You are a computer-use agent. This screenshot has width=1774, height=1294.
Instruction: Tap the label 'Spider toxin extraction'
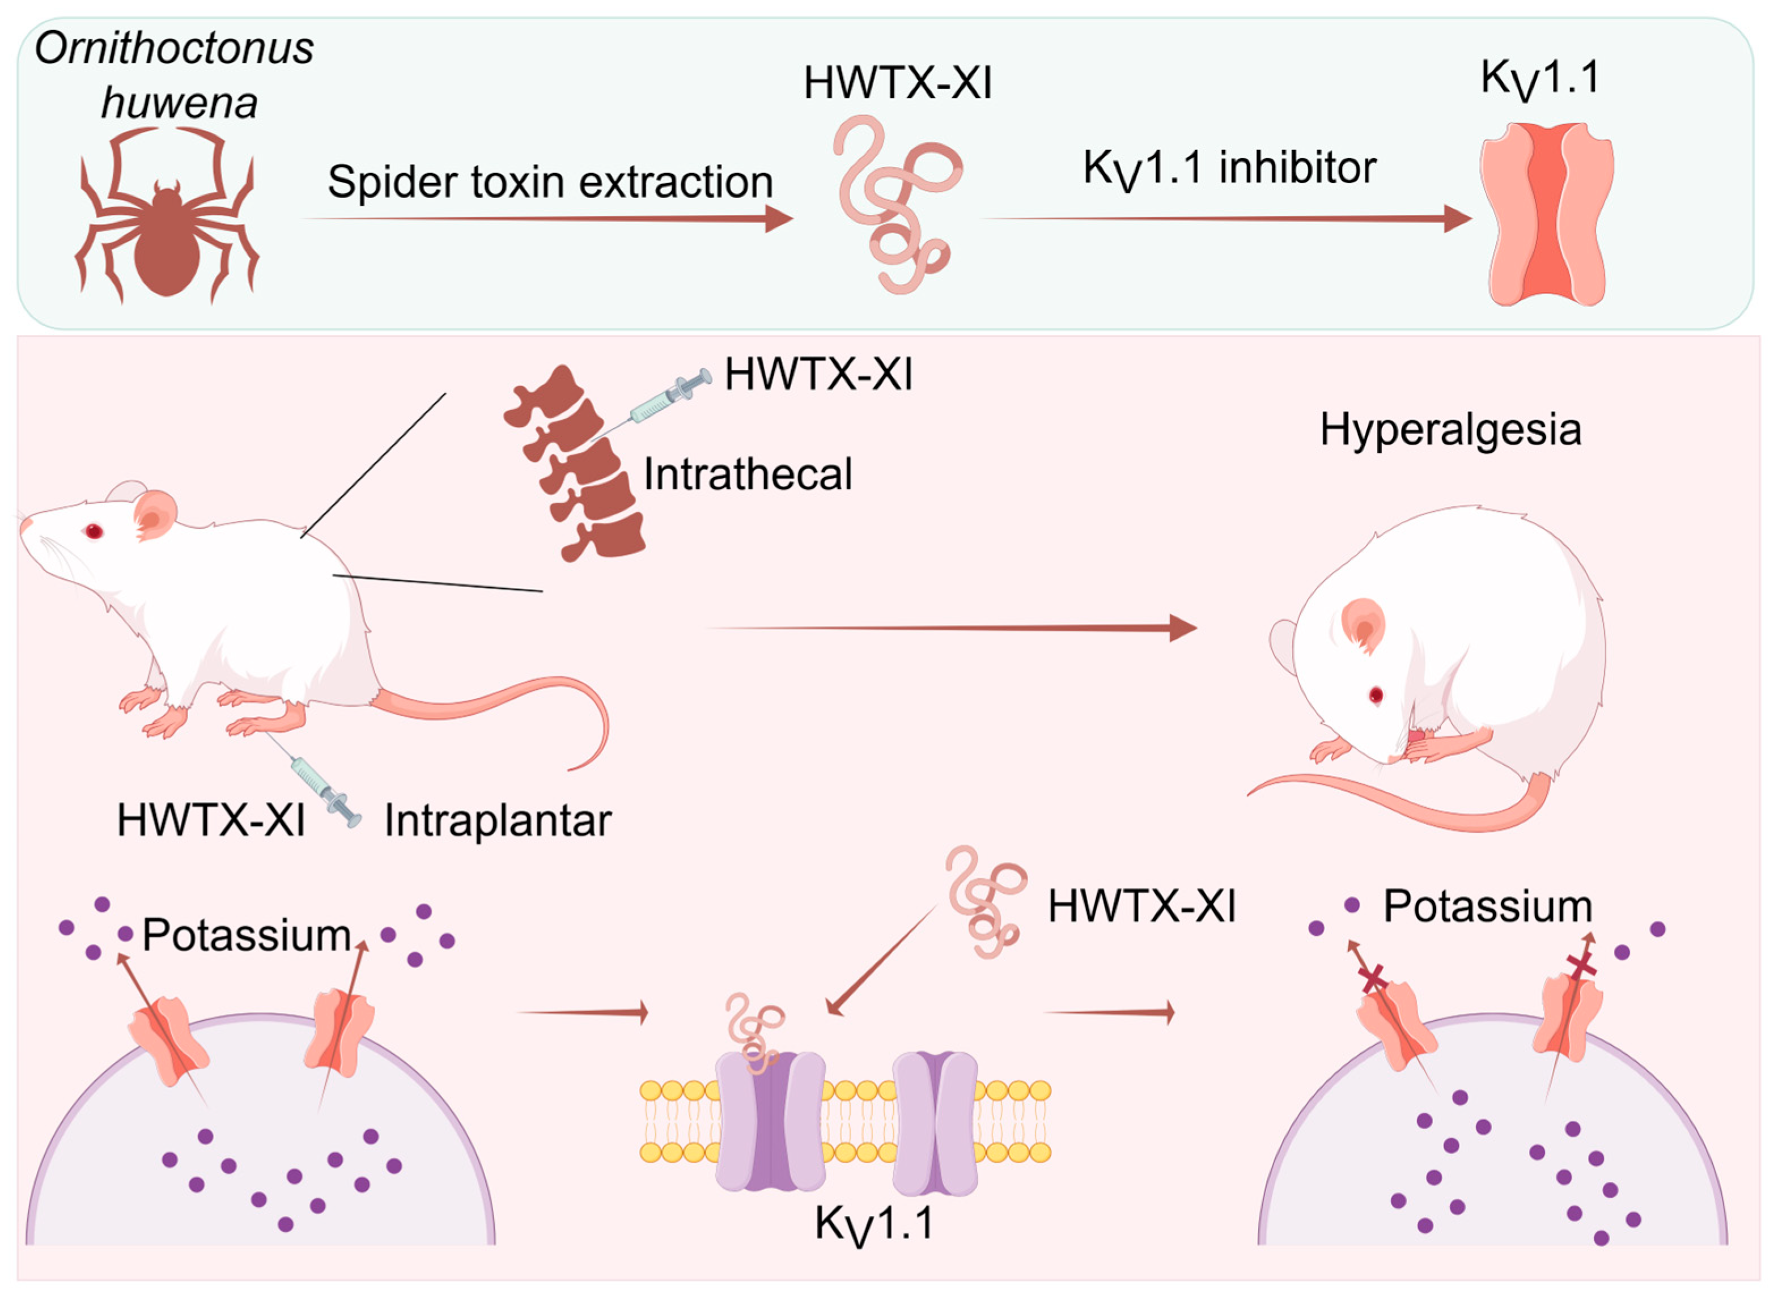[x=550, y=183]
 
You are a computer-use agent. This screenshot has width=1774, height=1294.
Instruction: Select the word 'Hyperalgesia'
[x=1450, y=429]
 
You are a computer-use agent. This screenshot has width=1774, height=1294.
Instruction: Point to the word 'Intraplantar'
[x=498, y=821]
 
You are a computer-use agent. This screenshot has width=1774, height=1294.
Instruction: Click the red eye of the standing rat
[x=94, y=532]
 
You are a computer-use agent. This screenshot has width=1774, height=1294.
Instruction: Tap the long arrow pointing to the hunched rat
[x=951, y=627]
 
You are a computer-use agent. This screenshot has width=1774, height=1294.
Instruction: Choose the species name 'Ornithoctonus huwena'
[x=175, y=75]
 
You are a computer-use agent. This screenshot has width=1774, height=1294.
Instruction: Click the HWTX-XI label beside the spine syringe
[x=818, y=375]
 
